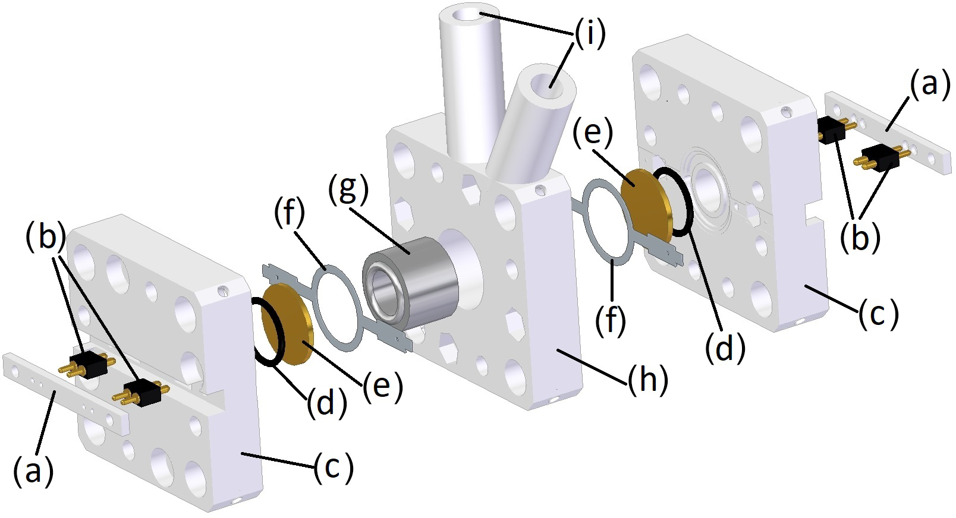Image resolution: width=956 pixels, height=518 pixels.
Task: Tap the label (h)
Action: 647,379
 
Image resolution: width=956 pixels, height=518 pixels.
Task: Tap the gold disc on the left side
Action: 288,324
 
